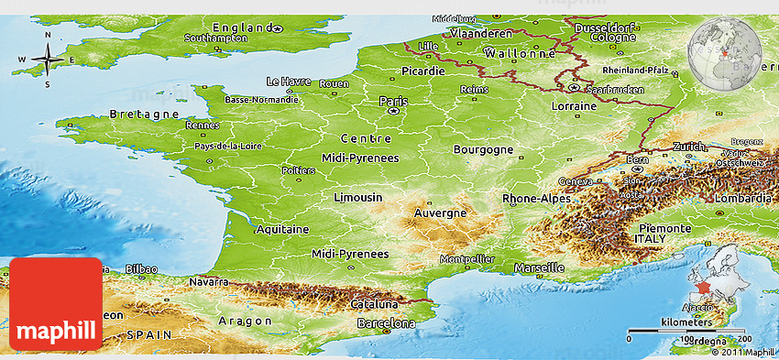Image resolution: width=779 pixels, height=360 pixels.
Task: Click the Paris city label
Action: coord(393,101)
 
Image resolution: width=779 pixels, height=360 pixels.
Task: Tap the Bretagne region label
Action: coord(144,114)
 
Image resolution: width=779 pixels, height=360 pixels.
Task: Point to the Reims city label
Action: coord(474,89)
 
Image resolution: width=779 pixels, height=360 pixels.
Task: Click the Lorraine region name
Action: coord(574,106)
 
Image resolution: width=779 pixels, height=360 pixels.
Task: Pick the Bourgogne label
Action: coord(482,148)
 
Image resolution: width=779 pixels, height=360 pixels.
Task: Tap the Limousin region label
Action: coord(357,198)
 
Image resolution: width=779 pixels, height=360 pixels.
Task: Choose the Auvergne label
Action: coord(441,213)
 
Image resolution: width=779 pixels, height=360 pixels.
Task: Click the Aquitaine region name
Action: coord(281,229)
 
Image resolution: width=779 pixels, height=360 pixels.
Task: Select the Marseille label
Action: coord(539,267)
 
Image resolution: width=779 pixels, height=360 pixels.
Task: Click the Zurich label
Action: coord(688,147)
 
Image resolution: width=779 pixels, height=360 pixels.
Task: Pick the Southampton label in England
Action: coord(215,38)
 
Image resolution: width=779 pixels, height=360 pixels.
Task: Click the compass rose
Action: coord(48,61)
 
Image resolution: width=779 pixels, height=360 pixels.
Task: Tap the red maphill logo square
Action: coord(56,303)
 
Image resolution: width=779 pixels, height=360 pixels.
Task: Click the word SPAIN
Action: coord(148,335)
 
